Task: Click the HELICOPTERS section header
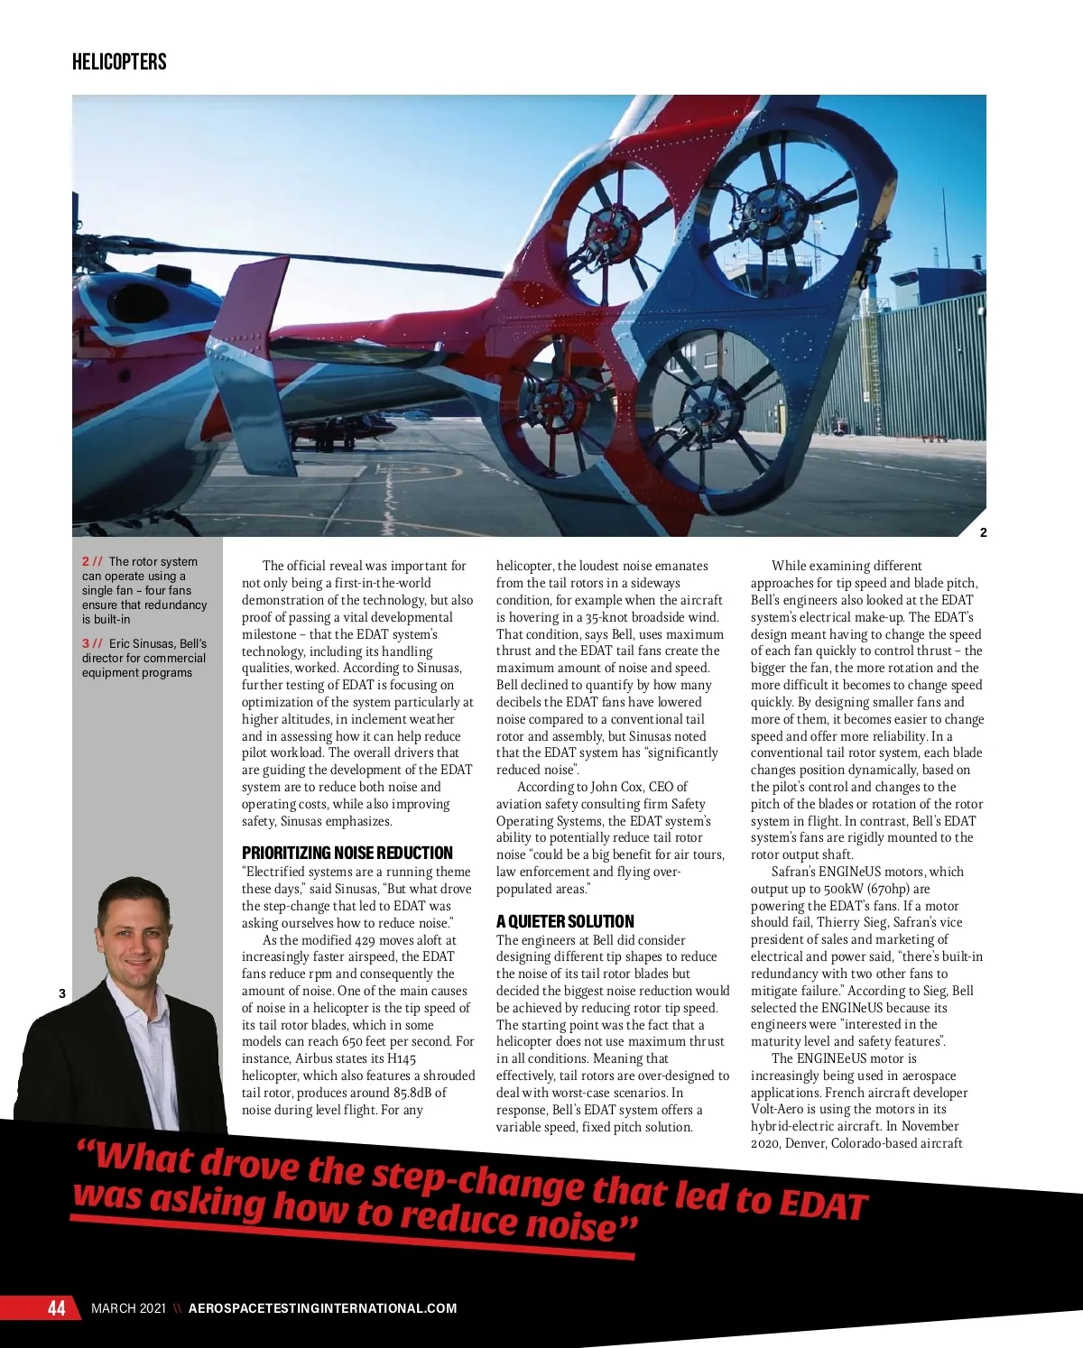pos(119,61)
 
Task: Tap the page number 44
pos(57,1308)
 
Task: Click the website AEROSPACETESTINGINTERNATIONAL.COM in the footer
pos(322,1308)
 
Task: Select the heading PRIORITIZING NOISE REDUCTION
pos(347,853)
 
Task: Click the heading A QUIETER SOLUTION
pos(565,921)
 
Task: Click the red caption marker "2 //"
pos(92,561)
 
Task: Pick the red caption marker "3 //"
pos(92,643)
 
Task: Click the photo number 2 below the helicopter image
pos(983,532)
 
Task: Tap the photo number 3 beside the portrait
pos(62,993)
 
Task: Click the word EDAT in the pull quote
pos(821,1205)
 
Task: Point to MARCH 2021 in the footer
pos(128,1308)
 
